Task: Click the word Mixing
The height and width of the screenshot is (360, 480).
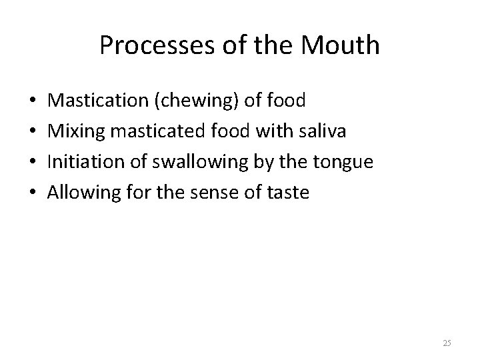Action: pos(73,131)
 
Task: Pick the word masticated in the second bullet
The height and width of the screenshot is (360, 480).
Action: pos(145,131)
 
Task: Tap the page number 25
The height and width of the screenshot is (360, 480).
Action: pos(447,343)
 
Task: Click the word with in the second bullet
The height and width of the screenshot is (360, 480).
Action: pos(268,131)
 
